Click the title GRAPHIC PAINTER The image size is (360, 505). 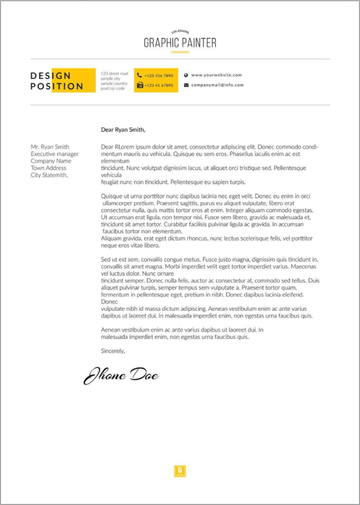(x=180, y=43)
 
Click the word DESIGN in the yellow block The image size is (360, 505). (x=50, y=76)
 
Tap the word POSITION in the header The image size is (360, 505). (x=57, y=86)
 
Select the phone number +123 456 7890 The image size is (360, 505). (x=159, y=76)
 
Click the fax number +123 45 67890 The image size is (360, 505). (x=159, y=85)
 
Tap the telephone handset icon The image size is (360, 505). (x=139, y=76)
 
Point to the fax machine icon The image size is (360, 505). (x=139, y=85)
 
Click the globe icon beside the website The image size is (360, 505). (x=186, y=76)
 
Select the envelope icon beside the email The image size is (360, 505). (x=186, y=85)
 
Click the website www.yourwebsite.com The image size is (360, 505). (x=216, y=76)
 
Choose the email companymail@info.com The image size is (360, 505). (x=217, y=85)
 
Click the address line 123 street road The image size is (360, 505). (x=114, y=73)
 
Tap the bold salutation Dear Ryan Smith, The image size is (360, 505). (x=123, y=129)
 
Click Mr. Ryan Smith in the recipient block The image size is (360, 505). (x=50, y=147)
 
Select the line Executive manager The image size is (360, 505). (x=54, y=154)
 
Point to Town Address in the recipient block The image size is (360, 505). (x=48, y=168)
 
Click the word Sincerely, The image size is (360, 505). (x=112, y=351)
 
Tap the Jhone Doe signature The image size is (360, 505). (x=121, y=375)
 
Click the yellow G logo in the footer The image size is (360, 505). (x=180, y=471)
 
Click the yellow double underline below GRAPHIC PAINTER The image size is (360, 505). (x=180, y=53)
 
